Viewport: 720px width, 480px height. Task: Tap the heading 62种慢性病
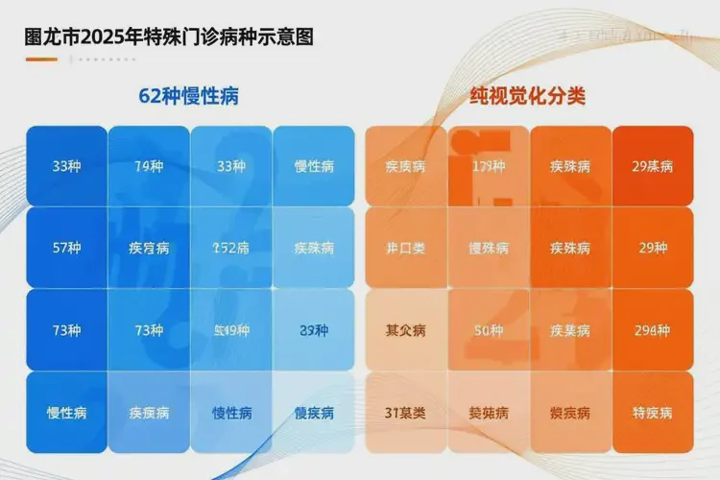(189, 97)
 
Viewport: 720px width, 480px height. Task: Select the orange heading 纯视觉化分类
(528, 97)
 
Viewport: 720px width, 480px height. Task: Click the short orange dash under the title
(41, 60)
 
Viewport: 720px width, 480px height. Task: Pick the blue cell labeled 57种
(66, 248)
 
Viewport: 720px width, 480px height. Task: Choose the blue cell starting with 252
(231, 248)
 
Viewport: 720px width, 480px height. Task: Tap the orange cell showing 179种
(488, 166)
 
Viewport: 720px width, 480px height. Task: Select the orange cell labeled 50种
(488, 330)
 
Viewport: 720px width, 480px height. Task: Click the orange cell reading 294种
(653, 330)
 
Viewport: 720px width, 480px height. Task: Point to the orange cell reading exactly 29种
(653, 248)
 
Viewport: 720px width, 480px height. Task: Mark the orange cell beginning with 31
(405, 413)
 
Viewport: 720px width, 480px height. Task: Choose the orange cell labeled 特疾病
(653, 413)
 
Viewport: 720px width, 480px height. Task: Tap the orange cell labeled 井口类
(405, 248)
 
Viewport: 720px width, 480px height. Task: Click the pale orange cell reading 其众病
(405, 330)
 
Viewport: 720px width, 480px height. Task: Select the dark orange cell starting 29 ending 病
(653, 166)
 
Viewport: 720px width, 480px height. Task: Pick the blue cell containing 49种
(231, 330)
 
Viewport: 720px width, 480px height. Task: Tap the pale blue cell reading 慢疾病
(314, 413)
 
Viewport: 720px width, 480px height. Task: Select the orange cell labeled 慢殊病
(488, 248)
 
